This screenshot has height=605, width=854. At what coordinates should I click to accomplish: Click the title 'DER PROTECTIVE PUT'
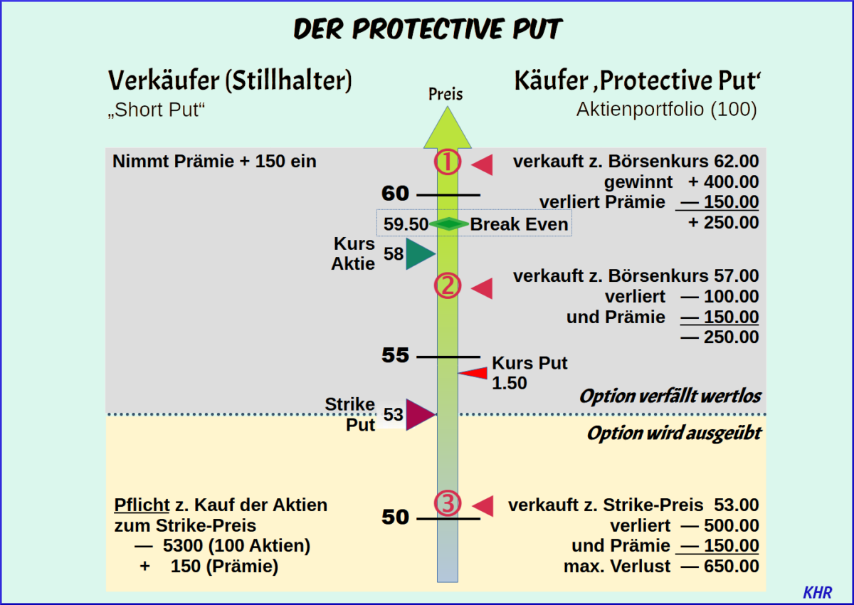pos(428,29)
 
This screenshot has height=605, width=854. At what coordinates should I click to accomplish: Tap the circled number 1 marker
pos(448,163)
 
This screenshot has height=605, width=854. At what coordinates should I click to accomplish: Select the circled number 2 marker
pos(448,286)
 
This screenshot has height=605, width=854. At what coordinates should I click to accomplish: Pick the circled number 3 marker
pos(448,504)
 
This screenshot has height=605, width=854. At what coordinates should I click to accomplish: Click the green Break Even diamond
pos(448,224)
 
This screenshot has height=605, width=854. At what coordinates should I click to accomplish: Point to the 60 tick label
pos(395,194)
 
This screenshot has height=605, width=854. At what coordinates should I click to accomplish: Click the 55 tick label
pos(395,355)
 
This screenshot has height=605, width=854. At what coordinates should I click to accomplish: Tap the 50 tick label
pos(395,517)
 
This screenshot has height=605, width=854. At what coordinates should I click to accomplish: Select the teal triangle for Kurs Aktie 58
pos(419,254)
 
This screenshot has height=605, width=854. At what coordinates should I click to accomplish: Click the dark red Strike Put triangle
pos(418,414)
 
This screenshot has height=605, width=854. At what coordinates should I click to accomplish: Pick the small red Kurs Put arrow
pos(473,373)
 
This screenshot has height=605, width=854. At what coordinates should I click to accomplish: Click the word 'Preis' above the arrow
pos(446,94)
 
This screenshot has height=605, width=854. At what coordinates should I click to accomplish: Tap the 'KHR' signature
pos(817,592)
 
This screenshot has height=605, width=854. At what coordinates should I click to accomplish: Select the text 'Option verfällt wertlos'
pos(670,396)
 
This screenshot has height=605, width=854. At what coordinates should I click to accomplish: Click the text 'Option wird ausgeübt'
pos(673,433)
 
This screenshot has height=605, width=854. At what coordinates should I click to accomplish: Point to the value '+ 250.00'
pos(723,223)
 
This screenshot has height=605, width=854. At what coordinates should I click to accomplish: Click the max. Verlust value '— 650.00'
pos(719,567)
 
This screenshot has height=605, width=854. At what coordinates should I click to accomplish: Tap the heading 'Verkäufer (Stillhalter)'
pos(230,81)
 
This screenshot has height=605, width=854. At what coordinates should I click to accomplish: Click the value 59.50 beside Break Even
pos(406,225)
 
